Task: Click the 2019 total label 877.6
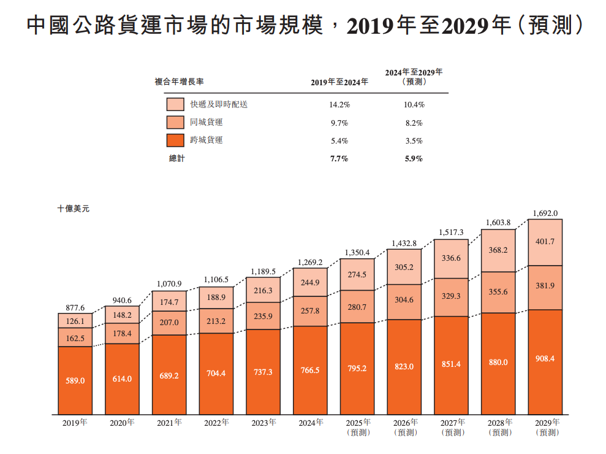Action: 75,308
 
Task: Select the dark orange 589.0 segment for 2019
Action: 75,381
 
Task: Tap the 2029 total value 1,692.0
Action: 545,213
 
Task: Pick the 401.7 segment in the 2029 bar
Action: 545,242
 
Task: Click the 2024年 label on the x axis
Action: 311,423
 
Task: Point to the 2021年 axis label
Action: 169,423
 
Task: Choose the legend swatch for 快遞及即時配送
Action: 175,105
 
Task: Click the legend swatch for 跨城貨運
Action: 175,140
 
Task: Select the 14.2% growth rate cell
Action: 339,105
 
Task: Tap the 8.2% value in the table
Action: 414,123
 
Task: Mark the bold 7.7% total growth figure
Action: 339,159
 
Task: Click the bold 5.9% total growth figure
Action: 414,159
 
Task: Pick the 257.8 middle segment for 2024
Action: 310,311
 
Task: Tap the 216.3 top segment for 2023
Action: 263,290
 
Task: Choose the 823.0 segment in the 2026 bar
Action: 404,366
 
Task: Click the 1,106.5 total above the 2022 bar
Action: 216,280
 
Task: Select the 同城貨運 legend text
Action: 206,123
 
